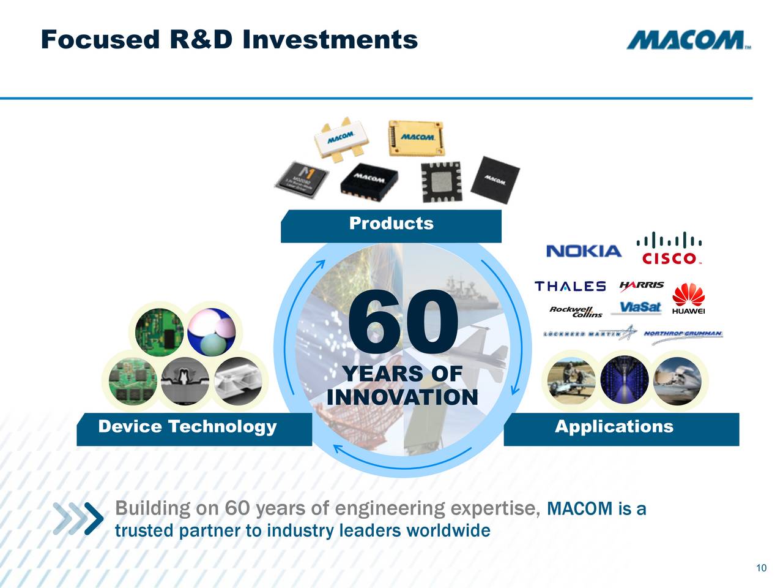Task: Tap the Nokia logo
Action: (583, 251)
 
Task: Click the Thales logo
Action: (570, 286)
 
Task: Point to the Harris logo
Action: (641, 285)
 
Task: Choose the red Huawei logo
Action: (688, 298)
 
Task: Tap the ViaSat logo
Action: (640, 307)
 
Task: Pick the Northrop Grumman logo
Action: (683, 334)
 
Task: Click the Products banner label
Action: (391, 224)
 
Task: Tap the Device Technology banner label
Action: (187, 427)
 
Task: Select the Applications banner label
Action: (614, 427)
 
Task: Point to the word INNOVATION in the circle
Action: (402, 398)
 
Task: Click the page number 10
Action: (761, 568)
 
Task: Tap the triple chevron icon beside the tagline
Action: (78, 518)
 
